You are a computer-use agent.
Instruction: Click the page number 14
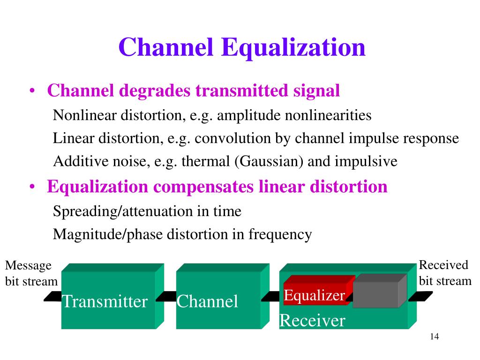[434, 337]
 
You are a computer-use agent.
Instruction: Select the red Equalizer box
[315, 295]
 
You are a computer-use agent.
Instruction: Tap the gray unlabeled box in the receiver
[378, 293]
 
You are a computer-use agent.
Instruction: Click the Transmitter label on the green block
[105, 301]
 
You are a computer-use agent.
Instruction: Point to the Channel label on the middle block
[207, 301]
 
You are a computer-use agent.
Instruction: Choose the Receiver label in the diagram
[312, 321]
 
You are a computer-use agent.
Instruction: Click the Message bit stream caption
[30, 273]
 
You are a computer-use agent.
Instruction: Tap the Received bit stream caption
[444, 273]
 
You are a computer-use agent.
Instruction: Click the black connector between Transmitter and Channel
[166, 296]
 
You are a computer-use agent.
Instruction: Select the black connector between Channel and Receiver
[270, 296]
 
